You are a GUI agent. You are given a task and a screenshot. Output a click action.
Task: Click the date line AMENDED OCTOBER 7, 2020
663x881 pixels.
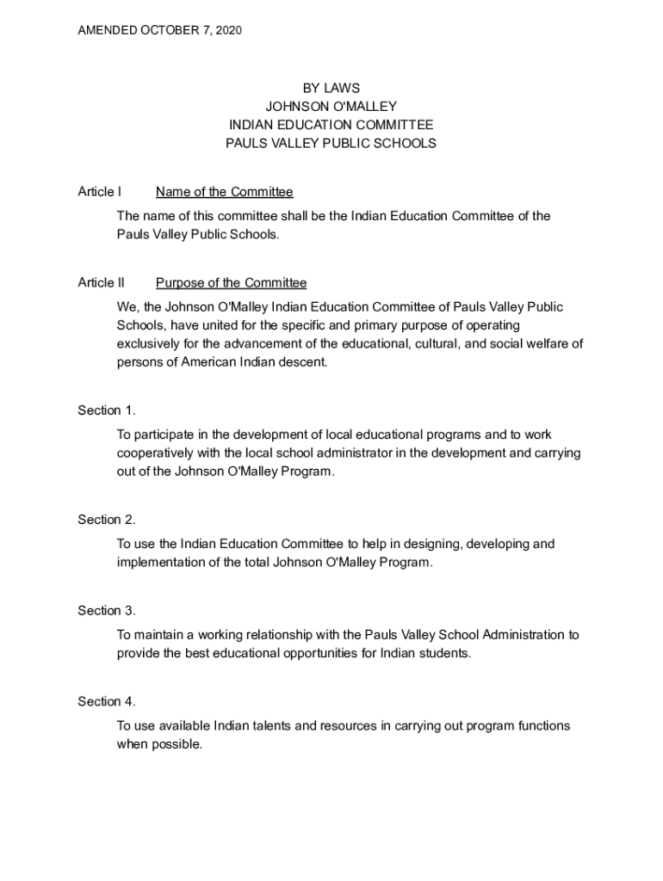coord(159,31)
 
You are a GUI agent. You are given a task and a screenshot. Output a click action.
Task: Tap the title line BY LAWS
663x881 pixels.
coord(331,88)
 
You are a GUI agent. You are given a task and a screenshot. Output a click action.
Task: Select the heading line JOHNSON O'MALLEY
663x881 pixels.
coord(331,107)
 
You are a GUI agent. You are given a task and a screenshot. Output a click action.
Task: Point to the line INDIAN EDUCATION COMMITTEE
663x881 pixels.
coord(331,125)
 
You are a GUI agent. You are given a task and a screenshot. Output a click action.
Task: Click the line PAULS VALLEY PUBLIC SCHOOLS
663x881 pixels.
coord(331,144)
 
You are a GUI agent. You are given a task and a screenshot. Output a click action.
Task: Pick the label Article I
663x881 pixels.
coord(99,192)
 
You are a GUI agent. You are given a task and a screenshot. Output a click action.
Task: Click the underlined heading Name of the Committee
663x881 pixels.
coord(224,192)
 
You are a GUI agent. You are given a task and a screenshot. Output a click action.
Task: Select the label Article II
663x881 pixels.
coord(101,283)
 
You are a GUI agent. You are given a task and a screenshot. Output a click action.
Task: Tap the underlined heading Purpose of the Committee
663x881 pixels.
coord(231,283)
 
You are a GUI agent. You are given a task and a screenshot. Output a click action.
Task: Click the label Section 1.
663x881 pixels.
coord(107,410)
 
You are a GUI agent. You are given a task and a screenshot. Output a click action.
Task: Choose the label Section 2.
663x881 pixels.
coord(107,520)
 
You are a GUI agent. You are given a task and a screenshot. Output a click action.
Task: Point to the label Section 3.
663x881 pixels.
coord(107,611)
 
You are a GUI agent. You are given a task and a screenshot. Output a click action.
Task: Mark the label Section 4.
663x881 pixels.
coord(107,702)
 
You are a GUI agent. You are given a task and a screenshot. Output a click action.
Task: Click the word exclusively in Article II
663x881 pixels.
coord(148,344)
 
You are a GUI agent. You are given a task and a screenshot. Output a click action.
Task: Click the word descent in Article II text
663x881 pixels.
coord(307,362)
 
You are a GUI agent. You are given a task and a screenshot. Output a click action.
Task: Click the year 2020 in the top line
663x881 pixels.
coord(228,31)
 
